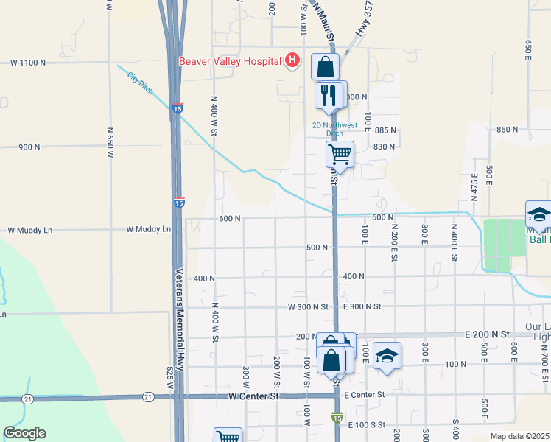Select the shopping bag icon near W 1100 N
[325, 67]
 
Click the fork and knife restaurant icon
[329, 94]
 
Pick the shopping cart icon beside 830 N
[340, 155]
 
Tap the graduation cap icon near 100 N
[387, 357]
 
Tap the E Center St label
[365, 395]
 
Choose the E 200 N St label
[488, 334]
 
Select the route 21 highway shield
[27, 399]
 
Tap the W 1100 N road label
[27, 63]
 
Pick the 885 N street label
[385, 130]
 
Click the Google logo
[24, 433]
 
